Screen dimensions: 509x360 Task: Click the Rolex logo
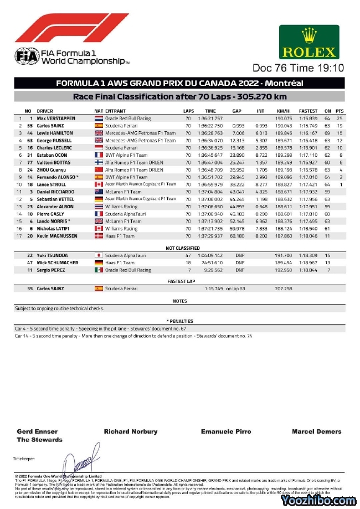(310, 42)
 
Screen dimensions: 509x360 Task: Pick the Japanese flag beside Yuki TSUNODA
(99, 255)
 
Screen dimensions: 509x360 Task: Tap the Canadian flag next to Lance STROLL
(99, 184)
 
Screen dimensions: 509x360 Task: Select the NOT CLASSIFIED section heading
(180, 248)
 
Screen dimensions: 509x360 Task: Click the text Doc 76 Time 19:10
(298, 68)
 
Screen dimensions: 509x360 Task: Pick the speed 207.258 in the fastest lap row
(284, 289)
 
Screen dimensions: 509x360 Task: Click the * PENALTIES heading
(180, 321)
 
